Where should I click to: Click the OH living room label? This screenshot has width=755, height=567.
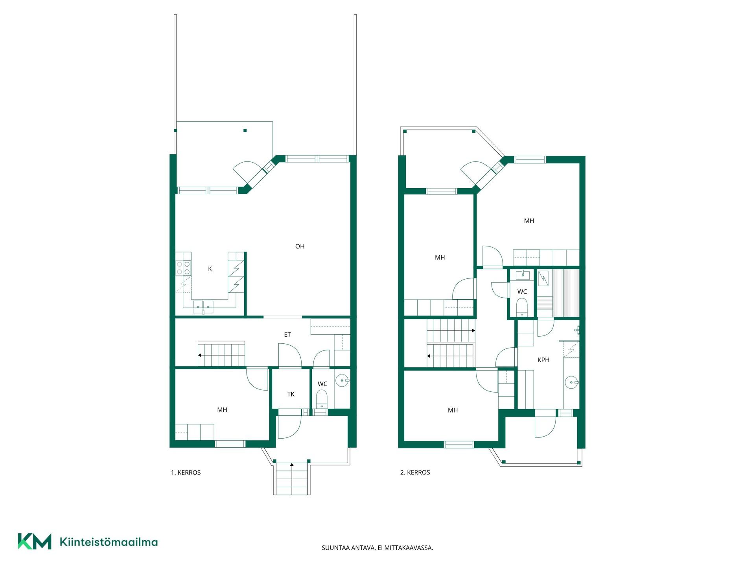point(300,246)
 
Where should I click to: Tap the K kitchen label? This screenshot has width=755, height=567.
point(210,269)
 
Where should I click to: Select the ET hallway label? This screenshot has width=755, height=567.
point(287,335)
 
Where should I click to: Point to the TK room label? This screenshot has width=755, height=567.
point(291,394)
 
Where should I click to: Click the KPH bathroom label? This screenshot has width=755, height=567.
point(543,360)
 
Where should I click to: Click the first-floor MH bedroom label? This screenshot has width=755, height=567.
point(222,410)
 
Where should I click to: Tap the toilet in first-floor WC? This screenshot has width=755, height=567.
point(322,398)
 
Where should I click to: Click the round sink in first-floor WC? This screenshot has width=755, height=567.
point(342,381)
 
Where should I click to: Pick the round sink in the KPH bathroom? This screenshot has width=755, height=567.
point(571,382)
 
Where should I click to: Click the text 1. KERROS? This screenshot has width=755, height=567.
point(186,472)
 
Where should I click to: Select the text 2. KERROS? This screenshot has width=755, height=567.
point(415,472)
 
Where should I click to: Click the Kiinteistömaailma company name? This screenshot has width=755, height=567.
point(109,542)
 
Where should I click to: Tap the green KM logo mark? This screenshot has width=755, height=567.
point(35,541)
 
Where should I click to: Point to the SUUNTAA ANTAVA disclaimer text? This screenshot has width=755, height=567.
point(377,548)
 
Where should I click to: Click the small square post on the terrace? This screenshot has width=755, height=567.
point(245,131)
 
